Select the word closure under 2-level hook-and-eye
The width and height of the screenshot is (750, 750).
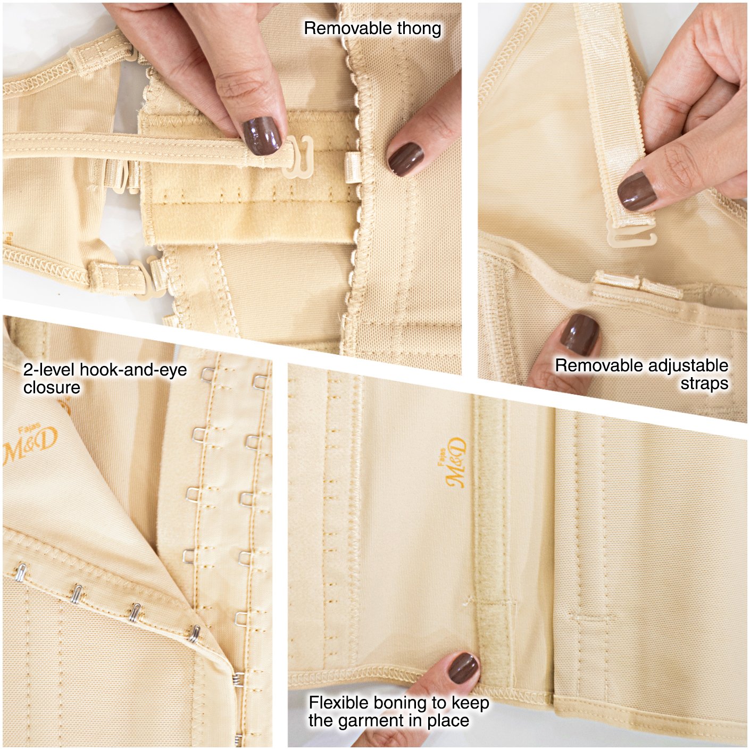52,387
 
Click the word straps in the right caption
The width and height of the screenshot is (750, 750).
704,384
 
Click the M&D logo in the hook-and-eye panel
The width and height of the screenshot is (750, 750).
30,444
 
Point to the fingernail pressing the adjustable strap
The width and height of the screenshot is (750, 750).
636,190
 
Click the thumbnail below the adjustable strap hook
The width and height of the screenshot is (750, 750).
579,334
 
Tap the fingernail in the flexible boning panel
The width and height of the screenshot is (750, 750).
463,668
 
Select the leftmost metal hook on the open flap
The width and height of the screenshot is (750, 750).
20,573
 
